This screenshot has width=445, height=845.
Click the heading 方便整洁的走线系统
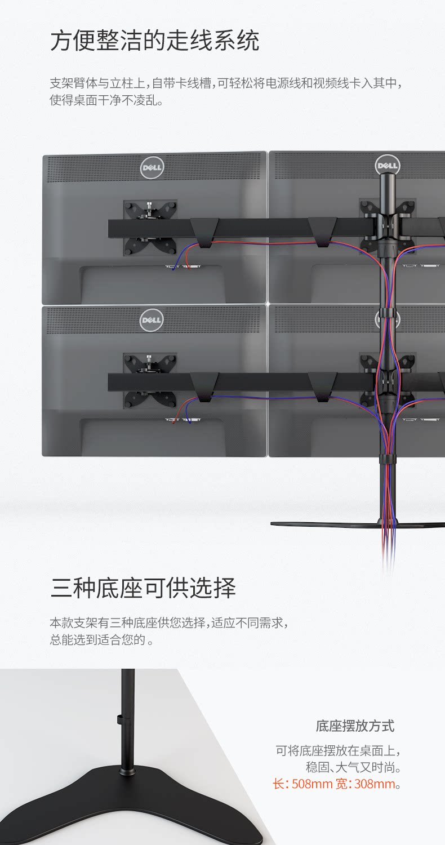(154, 41)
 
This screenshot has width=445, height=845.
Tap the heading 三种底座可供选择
(143, 588)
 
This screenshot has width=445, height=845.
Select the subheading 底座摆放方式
(355, 726)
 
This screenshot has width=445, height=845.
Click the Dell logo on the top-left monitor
(152, 167)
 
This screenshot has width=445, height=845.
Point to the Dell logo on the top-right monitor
(387, 165)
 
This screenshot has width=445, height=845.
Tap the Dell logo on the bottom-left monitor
(152, 320)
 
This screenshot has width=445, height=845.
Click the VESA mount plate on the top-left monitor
(150, 228)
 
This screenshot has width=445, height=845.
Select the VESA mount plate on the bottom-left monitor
(150, 381)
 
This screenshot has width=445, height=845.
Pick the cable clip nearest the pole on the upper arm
(322, 232)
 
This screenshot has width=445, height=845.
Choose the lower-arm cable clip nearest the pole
(322, 386)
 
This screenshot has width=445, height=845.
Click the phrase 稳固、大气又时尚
(353, 767)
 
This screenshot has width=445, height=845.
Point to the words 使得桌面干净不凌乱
(106, 101)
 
